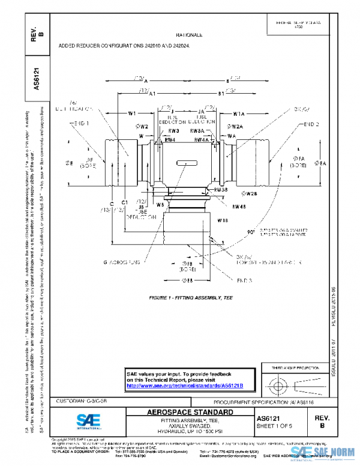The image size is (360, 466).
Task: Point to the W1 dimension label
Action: [132, 113]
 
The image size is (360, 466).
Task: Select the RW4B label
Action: [223, 207]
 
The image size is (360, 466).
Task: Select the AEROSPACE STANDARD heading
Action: [190, 413]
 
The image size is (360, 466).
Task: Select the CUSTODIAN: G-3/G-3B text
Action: [82, 401]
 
